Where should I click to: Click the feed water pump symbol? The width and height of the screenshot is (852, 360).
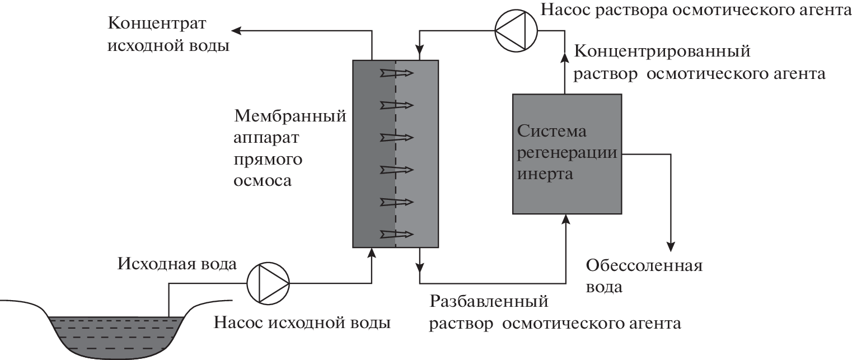[268, 283]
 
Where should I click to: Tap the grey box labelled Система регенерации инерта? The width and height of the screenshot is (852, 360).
[567, 153]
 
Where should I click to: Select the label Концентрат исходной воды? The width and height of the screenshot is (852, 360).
[168, 35]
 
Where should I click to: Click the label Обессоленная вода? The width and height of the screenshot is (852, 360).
[643, 276]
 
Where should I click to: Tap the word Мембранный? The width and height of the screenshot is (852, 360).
[290, 117]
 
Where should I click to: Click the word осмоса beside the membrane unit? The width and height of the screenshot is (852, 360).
[263, 181]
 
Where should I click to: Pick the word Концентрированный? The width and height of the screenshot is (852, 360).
[662, 52]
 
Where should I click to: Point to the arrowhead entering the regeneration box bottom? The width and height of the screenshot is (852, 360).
[567, 219]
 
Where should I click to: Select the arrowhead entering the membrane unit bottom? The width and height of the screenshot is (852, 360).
[371, 253]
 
